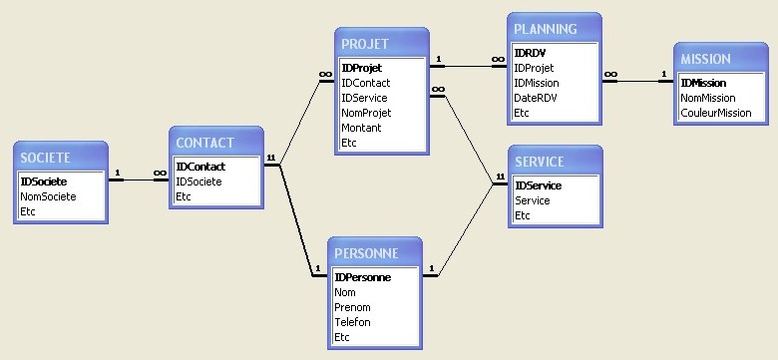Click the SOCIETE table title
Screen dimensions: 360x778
[46, 158]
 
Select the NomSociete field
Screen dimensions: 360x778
[48, 196]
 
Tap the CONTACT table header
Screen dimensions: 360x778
[205, 143]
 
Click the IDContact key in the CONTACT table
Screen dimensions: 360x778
[199, 167]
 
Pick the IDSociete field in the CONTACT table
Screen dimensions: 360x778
[198, 181]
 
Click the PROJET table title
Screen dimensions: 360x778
[366, 44]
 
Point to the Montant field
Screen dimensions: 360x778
[361, 128]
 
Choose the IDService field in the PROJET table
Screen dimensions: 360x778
[364, 98]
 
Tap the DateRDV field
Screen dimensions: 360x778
[537, 98]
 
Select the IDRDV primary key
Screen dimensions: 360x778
[530, 53]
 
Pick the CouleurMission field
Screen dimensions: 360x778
[715, 113]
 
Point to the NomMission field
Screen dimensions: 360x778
[707, 98]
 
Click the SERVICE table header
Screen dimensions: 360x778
[539, 162]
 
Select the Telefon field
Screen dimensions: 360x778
[353, 322]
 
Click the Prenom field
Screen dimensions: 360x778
[353, 307]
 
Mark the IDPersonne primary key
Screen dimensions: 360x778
[362, 277]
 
